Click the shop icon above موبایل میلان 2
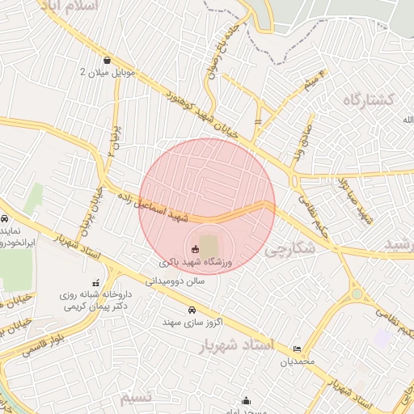(108, 59)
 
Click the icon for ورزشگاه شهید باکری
(194, 249)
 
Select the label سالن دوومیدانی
(176, 281)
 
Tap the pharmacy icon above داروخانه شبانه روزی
(96, 283)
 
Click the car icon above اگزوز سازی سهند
(191, 310)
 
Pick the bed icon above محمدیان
(297, 349)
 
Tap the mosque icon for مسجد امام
(246, 401)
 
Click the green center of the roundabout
(357, 294)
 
